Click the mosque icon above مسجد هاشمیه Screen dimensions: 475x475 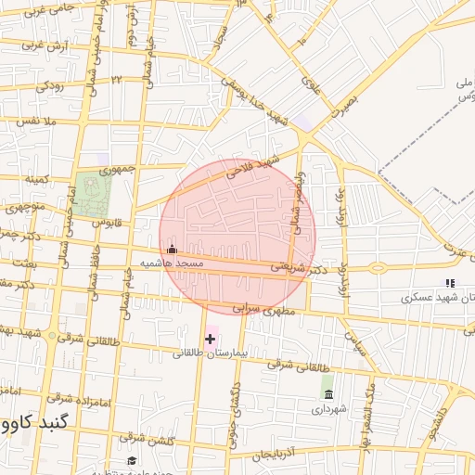tap(171, 249)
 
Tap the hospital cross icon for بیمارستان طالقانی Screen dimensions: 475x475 tap(210, 339)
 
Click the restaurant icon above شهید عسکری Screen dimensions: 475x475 tap(450, 283)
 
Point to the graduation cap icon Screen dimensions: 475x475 tap(132, 461)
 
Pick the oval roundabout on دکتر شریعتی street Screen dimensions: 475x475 tap(379, 269)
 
